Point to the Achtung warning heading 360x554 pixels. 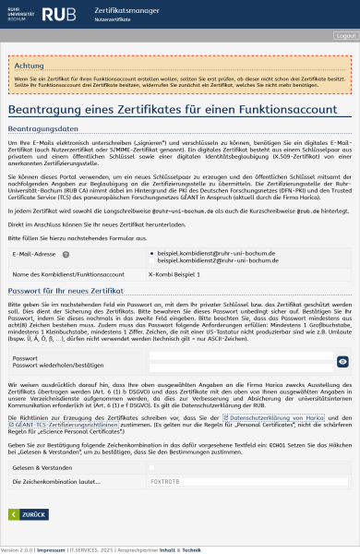click(x=29, y=66)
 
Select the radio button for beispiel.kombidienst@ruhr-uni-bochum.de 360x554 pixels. click(x=151, y=252)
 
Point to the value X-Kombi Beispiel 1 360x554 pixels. click(x=174, y=274)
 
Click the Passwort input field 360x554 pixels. click(x=240, y=356)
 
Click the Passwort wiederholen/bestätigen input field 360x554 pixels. click(x=240, y=366)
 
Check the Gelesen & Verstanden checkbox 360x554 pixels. click(x=150, y=469)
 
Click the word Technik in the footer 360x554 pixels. click(x=191, y=548)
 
